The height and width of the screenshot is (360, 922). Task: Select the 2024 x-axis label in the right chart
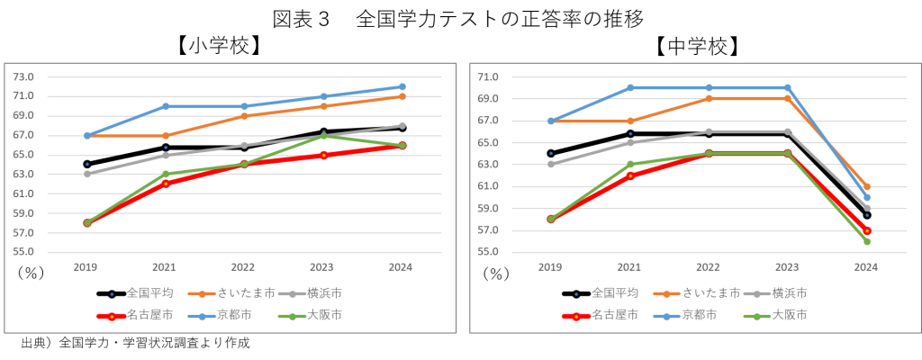tap(865, 267)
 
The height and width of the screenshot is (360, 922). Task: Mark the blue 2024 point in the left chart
tap(402, 86)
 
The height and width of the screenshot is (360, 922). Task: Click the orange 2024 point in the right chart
tap(866, 186)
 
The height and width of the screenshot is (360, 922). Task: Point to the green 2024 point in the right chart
tap(866, 241)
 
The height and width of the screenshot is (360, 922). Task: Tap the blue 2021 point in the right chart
tap(630, 87)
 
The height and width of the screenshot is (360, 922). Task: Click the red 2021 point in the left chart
tap(166, 184)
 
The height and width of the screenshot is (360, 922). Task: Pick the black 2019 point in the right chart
tap(551, 153)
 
